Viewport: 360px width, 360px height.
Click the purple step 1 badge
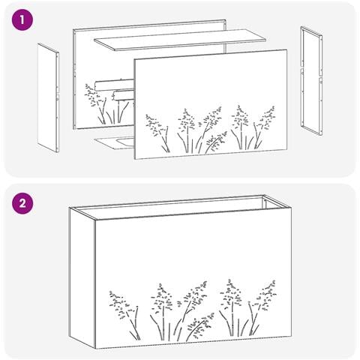click(22, 20)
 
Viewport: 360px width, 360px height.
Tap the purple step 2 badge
click(22, 203)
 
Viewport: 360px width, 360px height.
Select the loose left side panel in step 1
click(49, 97)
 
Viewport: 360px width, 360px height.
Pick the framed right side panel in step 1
click(311, 81)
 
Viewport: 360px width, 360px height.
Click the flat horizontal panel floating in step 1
click(180, 40)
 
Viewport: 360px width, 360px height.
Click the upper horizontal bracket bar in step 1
click(115, 85)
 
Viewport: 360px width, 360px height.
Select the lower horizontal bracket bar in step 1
click(124, 95)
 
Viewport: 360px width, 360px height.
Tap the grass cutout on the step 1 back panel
click(106, 104)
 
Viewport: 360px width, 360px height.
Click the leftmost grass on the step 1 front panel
click(158, 133)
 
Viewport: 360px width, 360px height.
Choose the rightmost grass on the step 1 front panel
click(265, 127)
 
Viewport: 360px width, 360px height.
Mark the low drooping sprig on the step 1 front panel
click(216, 142)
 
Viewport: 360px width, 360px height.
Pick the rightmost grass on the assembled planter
click(262, 307)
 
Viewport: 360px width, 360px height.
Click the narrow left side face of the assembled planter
click(82, 277)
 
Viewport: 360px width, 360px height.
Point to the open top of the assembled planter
click(180, 208)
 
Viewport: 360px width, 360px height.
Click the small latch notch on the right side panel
click(320, 80)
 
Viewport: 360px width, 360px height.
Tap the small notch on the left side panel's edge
click(57, 97)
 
